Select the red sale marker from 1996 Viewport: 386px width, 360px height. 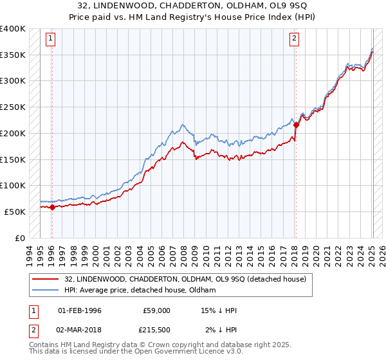coord(52,207)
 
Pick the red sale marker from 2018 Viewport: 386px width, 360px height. coord(296,125)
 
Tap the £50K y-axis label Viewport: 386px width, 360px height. coord(15,211)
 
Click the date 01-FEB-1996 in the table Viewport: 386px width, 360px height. coord(80,310)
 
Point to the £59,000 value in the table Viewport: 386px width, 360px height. coord(156,310)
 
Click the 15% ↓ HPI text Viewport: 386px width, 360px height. coord(219,310)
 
